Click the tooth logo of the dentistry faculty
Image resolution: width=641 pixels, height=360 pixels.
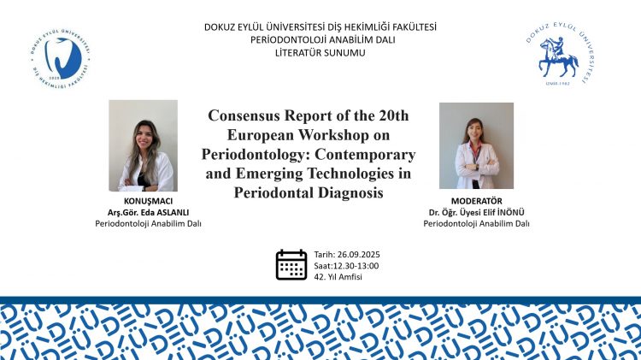61,58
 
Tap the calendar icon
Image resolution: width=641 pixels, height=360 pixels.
291,265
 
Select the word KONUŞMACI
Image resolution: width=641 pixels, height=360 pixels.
148,201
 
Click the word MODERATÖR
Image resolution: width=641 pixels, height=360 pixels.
476,201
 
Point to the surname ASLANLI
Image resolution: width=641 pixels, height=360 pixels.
170,212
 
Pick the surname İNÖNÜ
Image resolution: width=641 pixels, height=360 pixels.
510,212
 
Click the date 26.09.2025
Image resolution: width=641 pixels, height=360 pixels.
358,255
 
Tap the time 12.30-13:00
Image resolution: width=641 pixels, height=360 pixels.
356,266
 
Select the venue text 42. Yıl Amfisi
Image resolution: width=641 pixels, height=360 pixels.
338,277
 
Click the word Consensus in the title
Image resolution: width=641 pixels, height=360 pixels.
244,115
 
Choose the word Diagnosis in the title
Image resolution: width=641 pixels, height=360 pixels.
350,192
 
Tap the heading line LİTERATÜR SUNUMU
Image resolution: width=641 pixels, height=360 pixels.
320,53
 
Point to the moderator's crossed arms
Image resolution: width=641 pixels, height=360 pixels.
476,167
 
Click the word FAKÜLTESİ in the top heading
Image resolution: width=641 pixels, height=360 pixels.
415,27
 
